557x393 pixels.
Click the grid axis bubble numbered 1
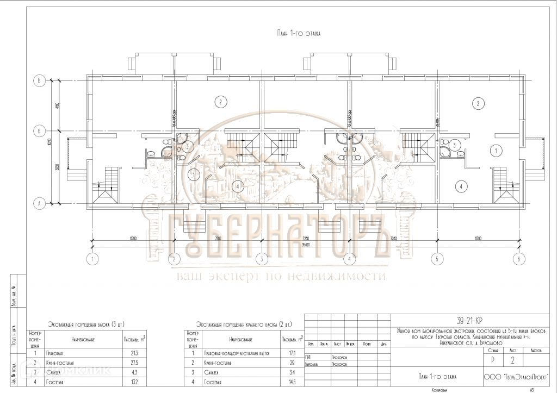point(94,259)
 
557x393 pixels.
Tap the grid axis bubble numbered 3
point(261,259)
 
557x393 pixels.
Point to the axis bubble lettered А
point(39,204)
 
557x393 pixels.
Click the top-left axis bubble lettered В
point(39,81)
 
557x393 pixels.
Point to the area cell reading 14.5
point(288,383)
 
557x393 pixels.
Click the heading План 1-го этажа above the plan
point(299,33)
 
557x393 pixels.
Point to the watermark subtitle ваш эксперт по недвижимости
point(280,276)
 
